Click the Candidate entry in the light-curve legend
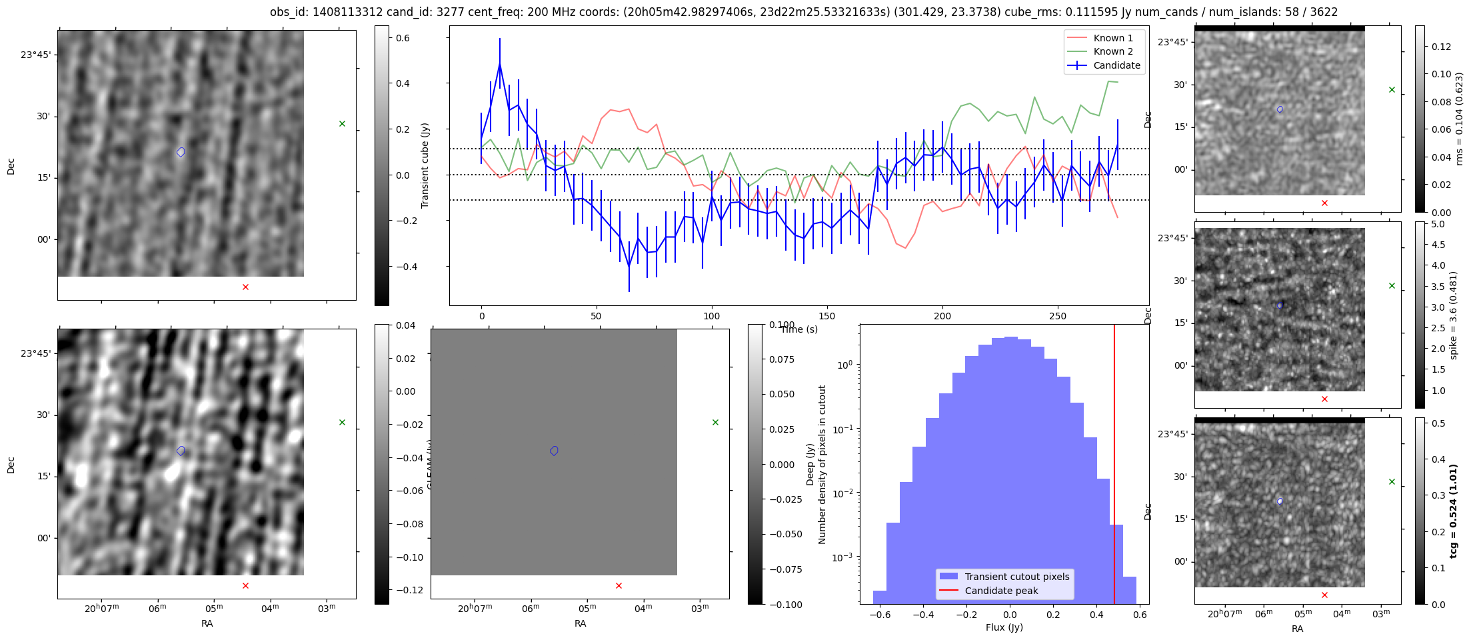click(x=1116, y=65)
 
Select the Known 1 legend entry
click(x=1113, y=38)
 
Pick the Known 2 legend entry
click(x=1113, y=51)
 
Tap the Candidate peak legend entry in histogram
click(x=1001, y=591)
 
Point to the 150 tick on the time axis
click(x=826, y=316)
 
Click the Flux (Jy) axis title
click(x=1004, y=627)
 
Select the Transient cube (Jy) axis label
click(x=425, y=165)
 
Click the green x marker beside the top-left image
click(x=342, y=123)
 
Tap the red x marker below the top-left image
click(x=245, y=287)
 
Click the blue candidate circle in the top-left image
click(x=181, y=152)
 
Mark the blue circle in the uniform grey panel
click(x=554, y=451)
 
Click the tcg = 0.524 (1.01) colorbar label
click(x=1454, y=511)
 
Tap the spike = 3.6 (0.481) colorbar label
click(x=1454, y=315)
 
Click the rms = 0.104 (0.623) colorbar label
click(x=1459, y=119)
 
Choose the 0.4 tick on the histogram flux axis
click(x=1096, y=615)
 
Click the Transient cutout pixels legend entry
click(x=1016, y=577)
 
